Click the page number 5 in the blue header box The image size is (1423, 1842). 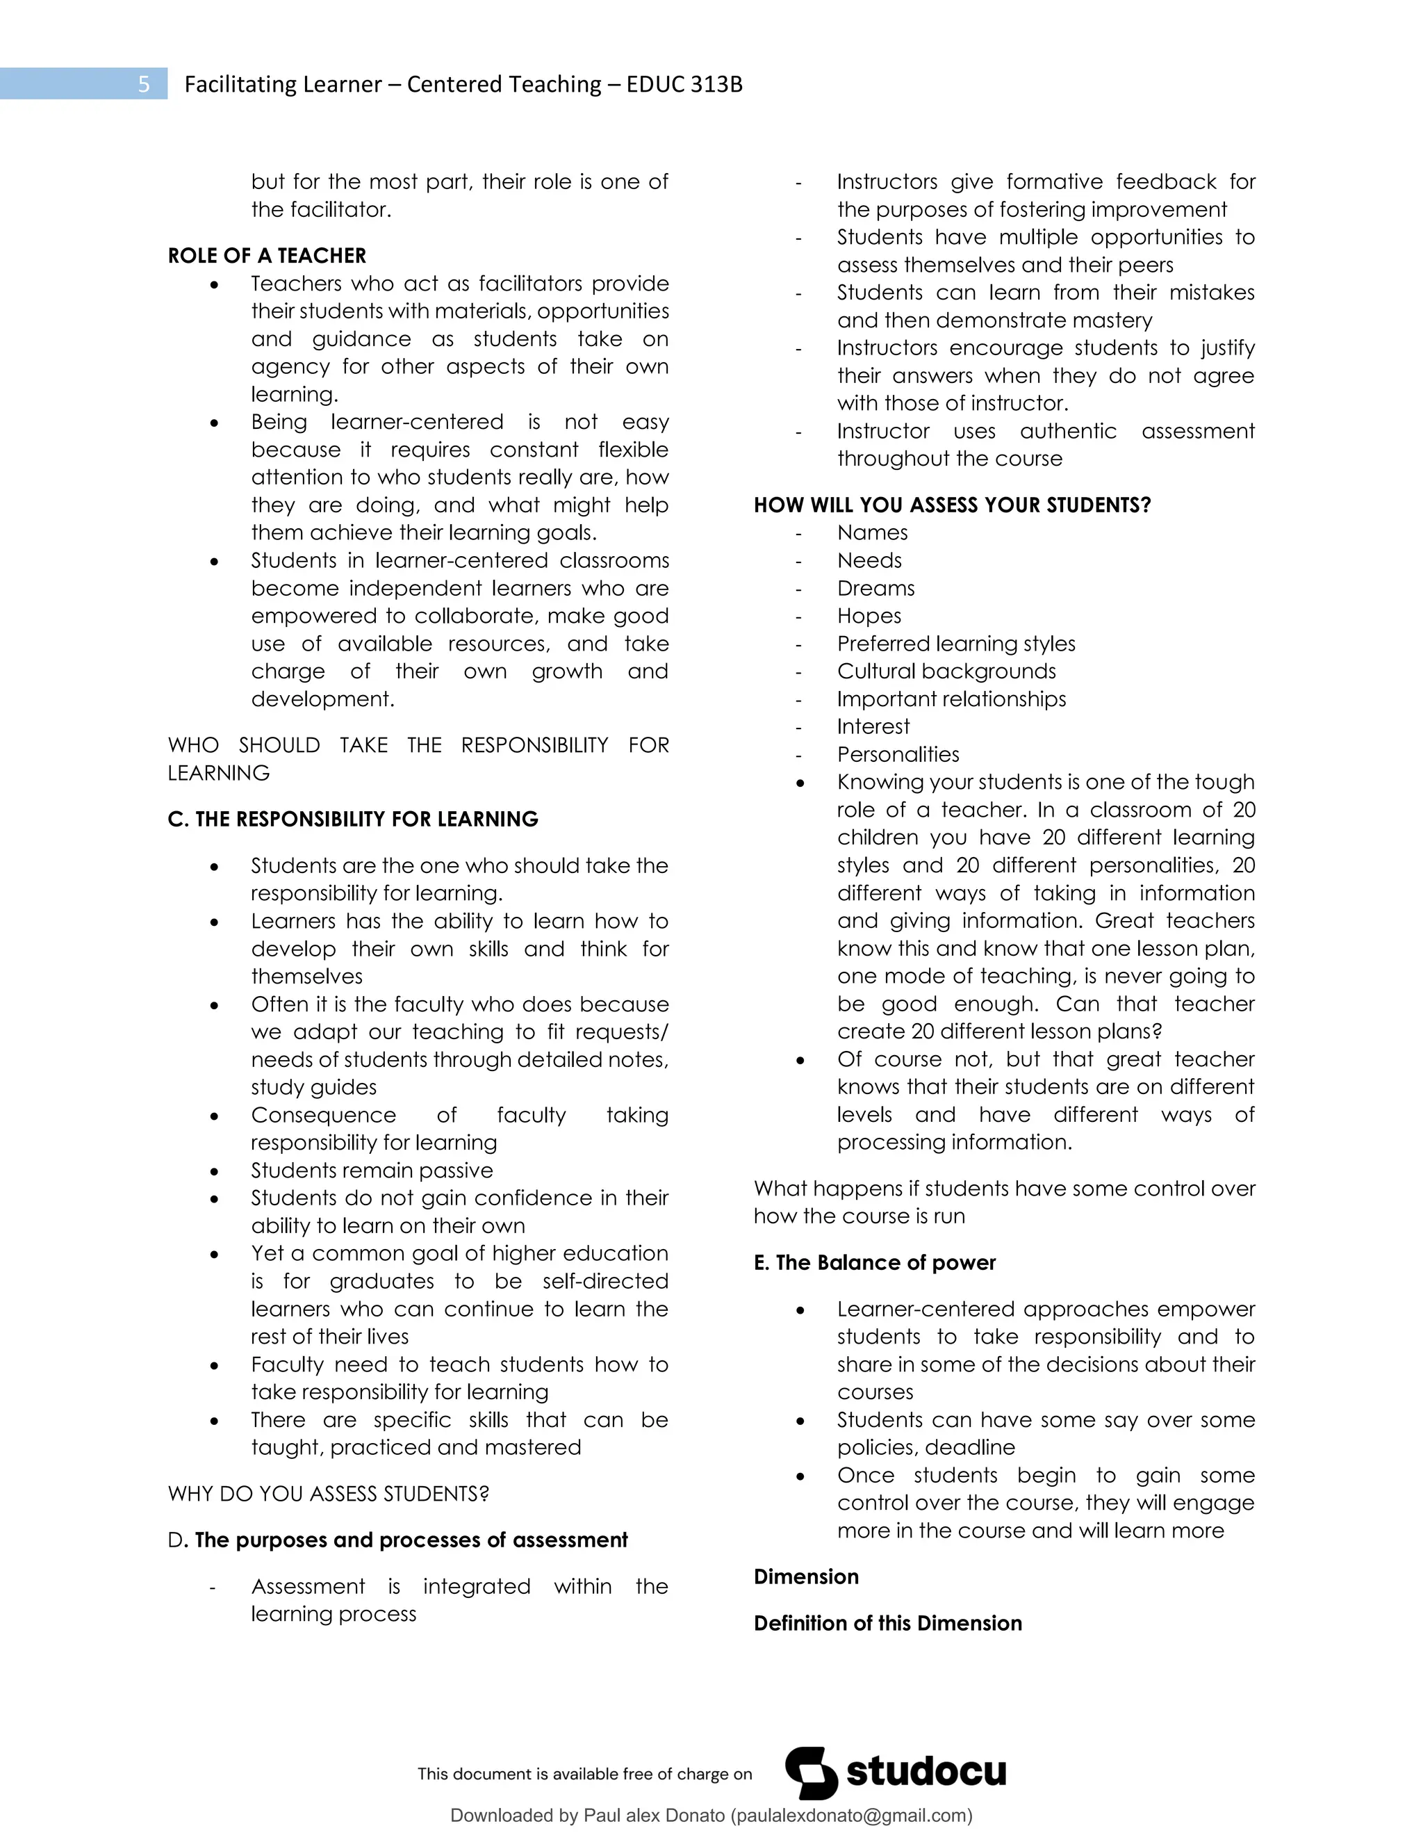pyautogui.click(x=143, y=84)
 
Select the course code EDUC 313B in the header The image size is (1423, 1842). pyautogui.click(x=684, y=84)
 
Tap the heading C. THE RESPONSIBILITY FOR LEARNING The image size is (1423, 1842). pyautogui.click(x=352, y=819)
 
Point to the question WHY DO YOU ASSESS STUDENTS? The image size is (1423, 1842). pyautogui.click(x=328, y=1494)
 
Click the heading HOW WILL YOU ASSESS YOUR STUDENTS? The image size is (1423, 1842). pyautogui.click(x=952, y=505)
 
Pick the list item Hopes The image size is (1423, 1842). pyautogui.click(x=869, y=617)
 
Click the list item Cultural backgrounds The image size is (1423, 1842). pyautogui.click(x=946, y=671)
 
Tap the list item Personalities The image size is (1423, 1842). pyautogui.click(x=898, y=755)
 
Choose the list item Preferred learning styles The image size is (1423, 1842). pyautogui.click(x=956, y=644)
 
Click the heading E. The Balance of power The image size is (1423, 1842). pyautogui.click(x=874, y=1262)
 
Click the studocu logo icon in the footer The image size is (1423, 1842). pyautogui.click(x=811, y=1773)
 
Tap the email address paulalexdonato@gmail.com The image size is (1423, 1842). pyautogui.click(x=850, y=1816)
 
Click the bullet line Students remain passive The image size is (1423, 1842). pyautogui.click(x=372, y=1171)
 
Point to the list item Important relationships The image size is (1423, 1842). pyautogui.click(x=951, y=699)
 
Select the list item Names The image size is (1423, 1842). pyautogui.click(x=872, y=533)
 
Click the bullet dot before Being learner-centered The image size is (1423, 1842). pyautogui.click(x=216, y=423)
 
